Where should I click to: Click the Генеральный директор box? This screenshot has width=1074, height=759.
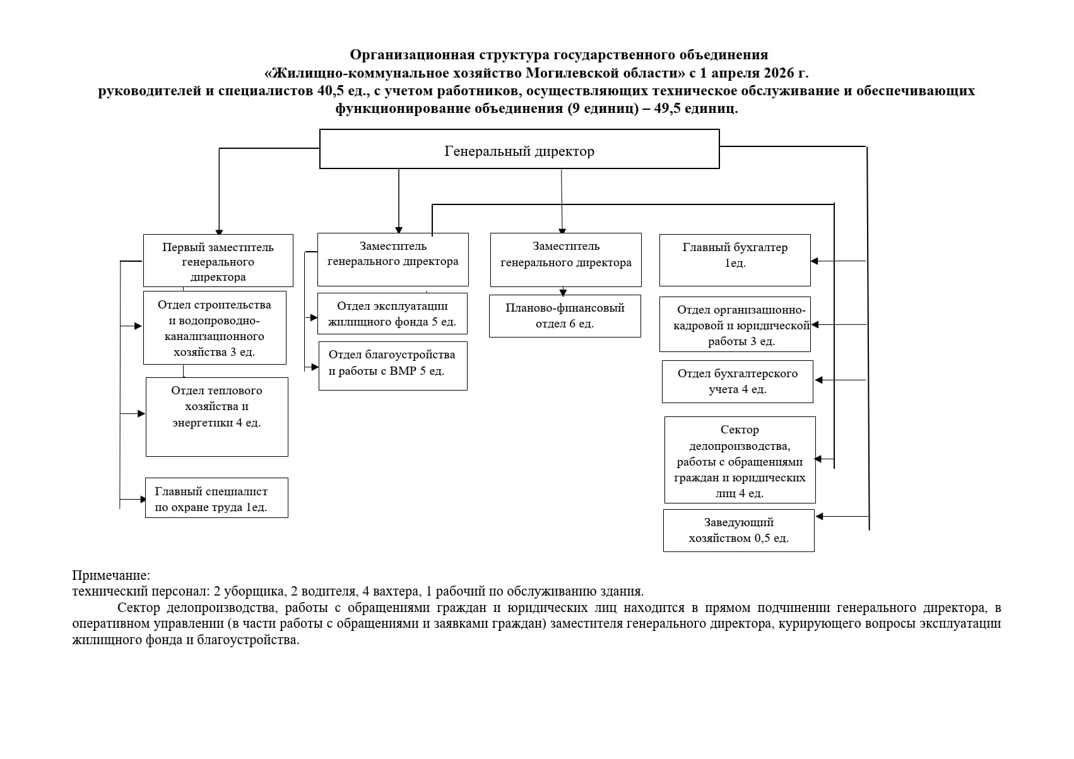coord(519,149)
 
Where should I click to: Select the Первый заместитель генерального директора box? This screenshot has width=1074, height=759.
coord(218,261)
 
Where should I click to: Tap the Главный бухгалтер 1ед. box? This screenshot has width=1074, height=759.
coord(735,261)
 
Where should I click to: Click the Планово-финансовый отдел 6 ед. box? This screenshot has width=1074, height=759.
coord(565,316)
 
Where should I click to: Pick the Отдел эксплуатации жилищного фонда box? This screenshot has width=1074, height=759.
coord(392,314)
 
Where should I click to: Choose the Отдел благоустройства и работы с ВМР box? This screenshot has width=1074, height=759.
coord(392,366)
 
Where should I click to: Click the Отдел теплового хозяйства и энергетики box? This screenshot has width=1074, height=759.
coord(216,416)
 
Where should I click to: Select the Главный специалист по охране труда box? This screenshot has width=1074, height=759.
coord(216,498)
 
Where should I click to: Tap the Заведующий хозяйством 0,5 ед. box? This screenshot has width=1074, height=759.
coord(738,531)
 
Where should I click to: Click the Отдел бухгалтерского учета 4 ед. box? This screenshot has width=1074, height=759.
coord(738,382)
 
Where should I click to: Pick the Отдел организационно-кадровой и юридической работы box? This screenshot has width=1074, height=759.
coord(735,324)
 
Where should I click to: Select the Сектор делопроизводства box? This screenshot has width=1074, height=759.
coord(740,460)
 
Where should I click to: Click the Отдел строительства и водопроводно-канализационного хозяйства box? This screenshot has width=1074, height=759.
coord(215,327)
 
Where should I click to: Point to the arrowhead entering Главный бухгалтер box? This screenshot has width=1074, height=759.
coord(814,261)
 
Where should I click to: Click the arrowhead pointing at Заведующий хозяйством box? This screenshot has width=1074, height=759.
coord(820,516)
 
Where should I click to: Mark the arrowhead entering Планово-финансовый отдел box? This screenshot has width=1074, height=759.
coord(563,292)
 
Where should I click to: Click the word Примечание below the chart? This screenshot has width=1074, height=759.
coord(111,575)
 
